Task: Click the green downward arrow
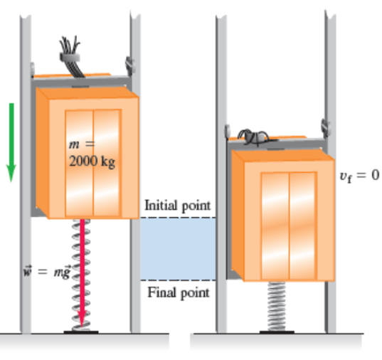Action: (x=11, y=142)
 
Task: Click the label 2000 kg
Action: (x=92, y=162)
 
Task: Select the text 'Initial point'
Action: (x=178, y=206)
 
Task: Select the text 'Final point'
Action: (x=179, y=292)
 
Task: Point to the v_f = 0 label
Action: (x=359, y=176)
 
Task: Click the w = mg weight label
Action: (x=47, y=271)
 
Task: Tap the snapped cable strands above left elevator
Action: (x=70, y=56)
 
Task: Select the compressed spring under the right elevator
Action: (x=276, y=306)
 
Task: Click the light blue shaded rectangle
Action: (x=178, y=249)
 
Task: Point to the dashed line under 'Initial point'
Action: (x=178, y=218)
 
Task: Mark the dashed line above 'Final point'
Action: (x=178, y=280)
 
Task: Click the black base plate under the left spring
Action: (x=81, y=332)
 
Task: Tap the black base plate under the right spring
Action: (x=277, y=332)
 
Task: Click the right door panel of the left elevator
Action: (x=107, y=163)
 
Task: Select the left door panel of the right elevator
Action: (x=275, y=226)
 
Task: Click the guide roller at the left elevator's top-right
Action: (x=129, y=65)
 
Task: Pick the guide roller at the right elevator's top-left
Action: (x=227, y=131)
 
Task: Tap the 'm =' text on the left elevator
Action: (x=82, y=144)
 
